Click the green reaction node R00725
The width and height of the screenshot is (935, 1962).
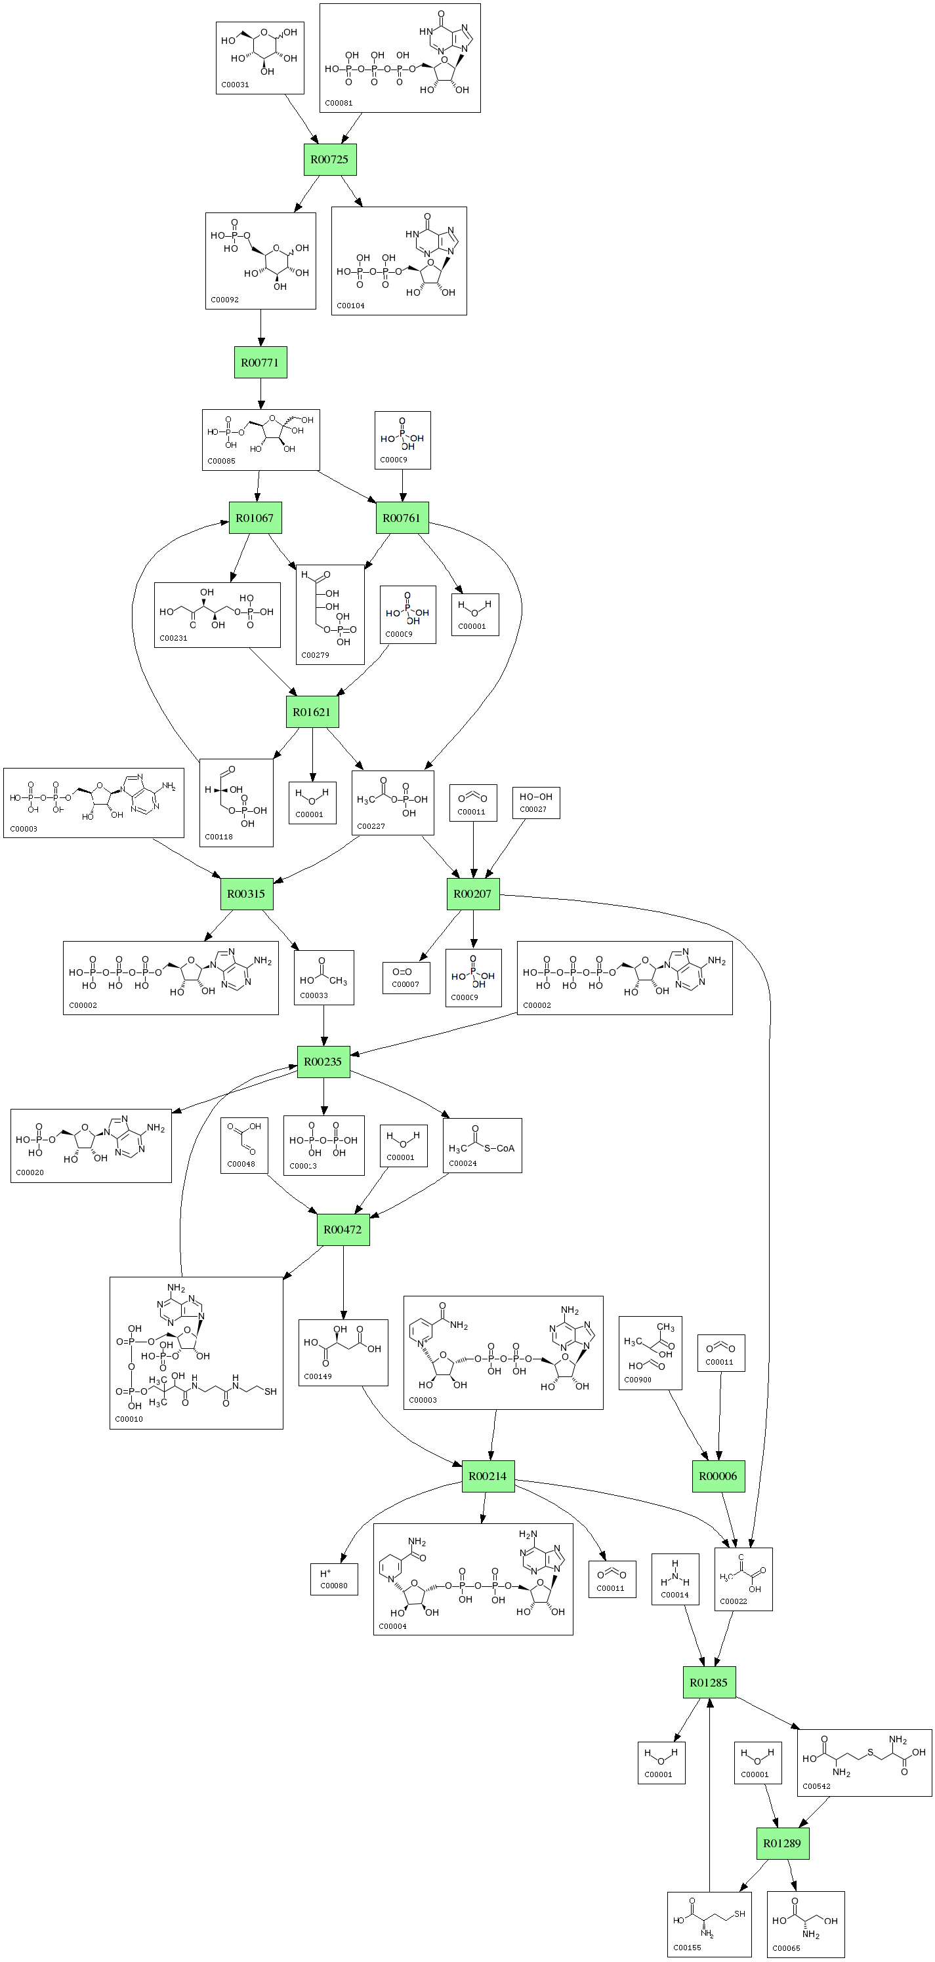(330, 160)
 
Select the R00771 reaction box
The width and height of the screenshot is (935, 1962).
(260, 363)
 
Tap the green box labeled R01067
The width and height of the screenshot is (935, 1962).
(255, 518)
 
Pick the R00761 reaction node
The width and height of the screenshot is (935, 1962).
(402, 518)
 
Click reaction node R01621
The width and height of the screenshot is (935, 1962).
(312, 712)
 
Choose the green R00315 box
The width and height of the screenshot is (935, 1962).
(246, 893)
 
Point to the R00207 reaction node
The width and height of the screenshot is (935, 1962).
(472, 893)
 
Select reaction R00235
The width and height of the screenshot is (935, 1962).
(323, 1062)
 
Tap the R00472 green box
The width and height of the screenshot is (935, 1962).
(343, 1230)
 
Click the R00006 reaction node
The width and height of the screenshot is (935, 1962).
(718, 1476)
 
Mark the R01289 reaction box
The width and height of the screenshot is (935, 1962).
(782, 1843)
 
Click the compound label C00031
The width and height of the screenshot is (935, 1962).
(236, 85)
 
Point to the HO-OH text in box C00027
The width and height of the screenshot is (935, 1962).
(535, 797)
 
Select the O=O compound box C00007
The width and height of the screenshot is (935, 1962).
(406, 977)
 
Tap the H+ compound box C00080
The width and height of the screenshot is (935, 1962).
(334, 1579)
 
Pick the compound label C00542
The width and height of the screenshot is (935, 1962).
(817, 1786)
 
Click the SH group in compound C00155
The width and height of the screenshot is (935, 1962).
(739, 1913)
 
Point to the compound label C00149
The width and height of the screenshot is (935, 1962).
(318, 1376)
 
